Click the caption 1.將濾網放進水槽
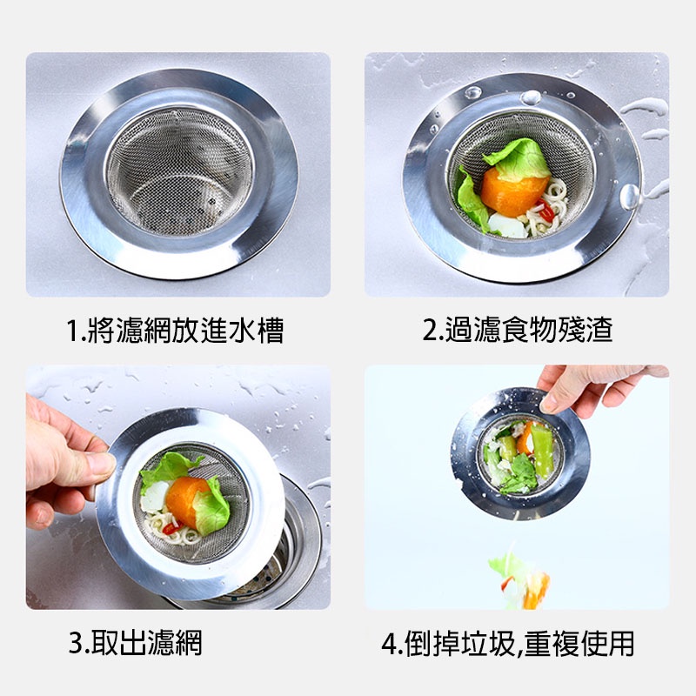point(175,330)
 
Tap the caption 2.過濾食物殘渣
point(517,330)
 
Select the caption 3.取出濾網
point(136,642)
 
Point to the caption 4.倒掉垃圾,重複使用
point(508,643)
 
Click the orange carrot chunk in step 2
point(511,191)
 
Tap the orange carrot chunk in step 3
point(185,500)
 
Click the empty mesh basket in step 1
point(179,172)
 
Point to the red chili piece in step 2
point(546,211)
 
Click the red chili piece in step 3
point(172,528)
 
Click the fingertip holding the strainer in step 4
point(549,402)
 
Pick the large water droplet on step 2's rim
point(629,197)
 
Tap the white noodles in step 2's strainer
point(547,209)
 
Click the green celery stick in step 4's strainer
point(542,447)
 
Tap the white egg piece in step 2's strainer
point(507,225)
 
